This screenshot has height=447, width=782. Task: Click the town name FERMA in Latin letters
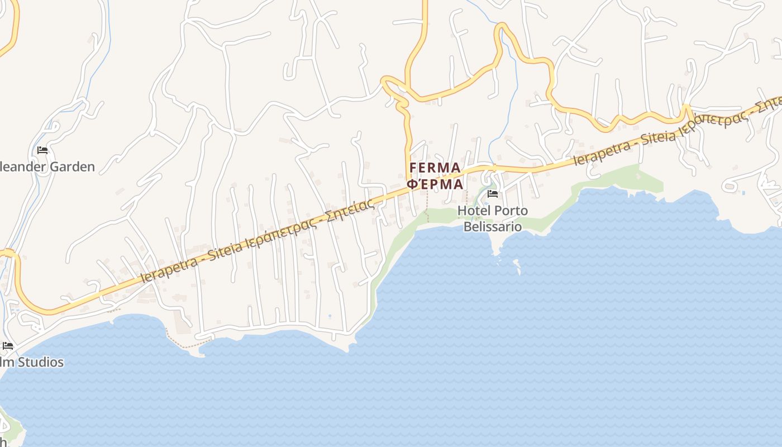pyautogui.click(x=435, y=168)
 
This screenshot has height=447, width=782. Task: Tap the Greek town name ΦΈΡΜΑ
pyautogui.click(x=435, y=184)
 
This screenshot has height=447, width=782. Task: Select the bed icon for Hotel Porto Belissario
pyautogui.click(x=492, y=194)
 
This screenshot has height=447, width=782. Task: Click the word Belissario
pyautogui.click(x=493, y=226)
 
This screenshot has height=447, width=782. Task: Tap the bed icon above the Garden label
pyautogui.click(x=42, y=150)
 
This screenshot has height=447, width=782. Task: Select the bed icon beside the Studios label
pyautogui.click(x=7, y=346)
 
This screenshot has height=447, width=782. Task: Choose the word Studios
pyautogui.click(x=40, y=362)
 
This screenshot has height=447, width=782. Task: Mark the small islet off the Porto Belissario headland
pyautogui.click(x=517, y=264)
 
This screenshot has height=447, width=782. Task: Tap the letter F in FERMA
pyautogui.click(x=414, y=168)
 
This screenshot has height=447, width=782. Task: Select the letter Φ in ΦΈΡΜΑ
pyautogui.click(x=412, y=184)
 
